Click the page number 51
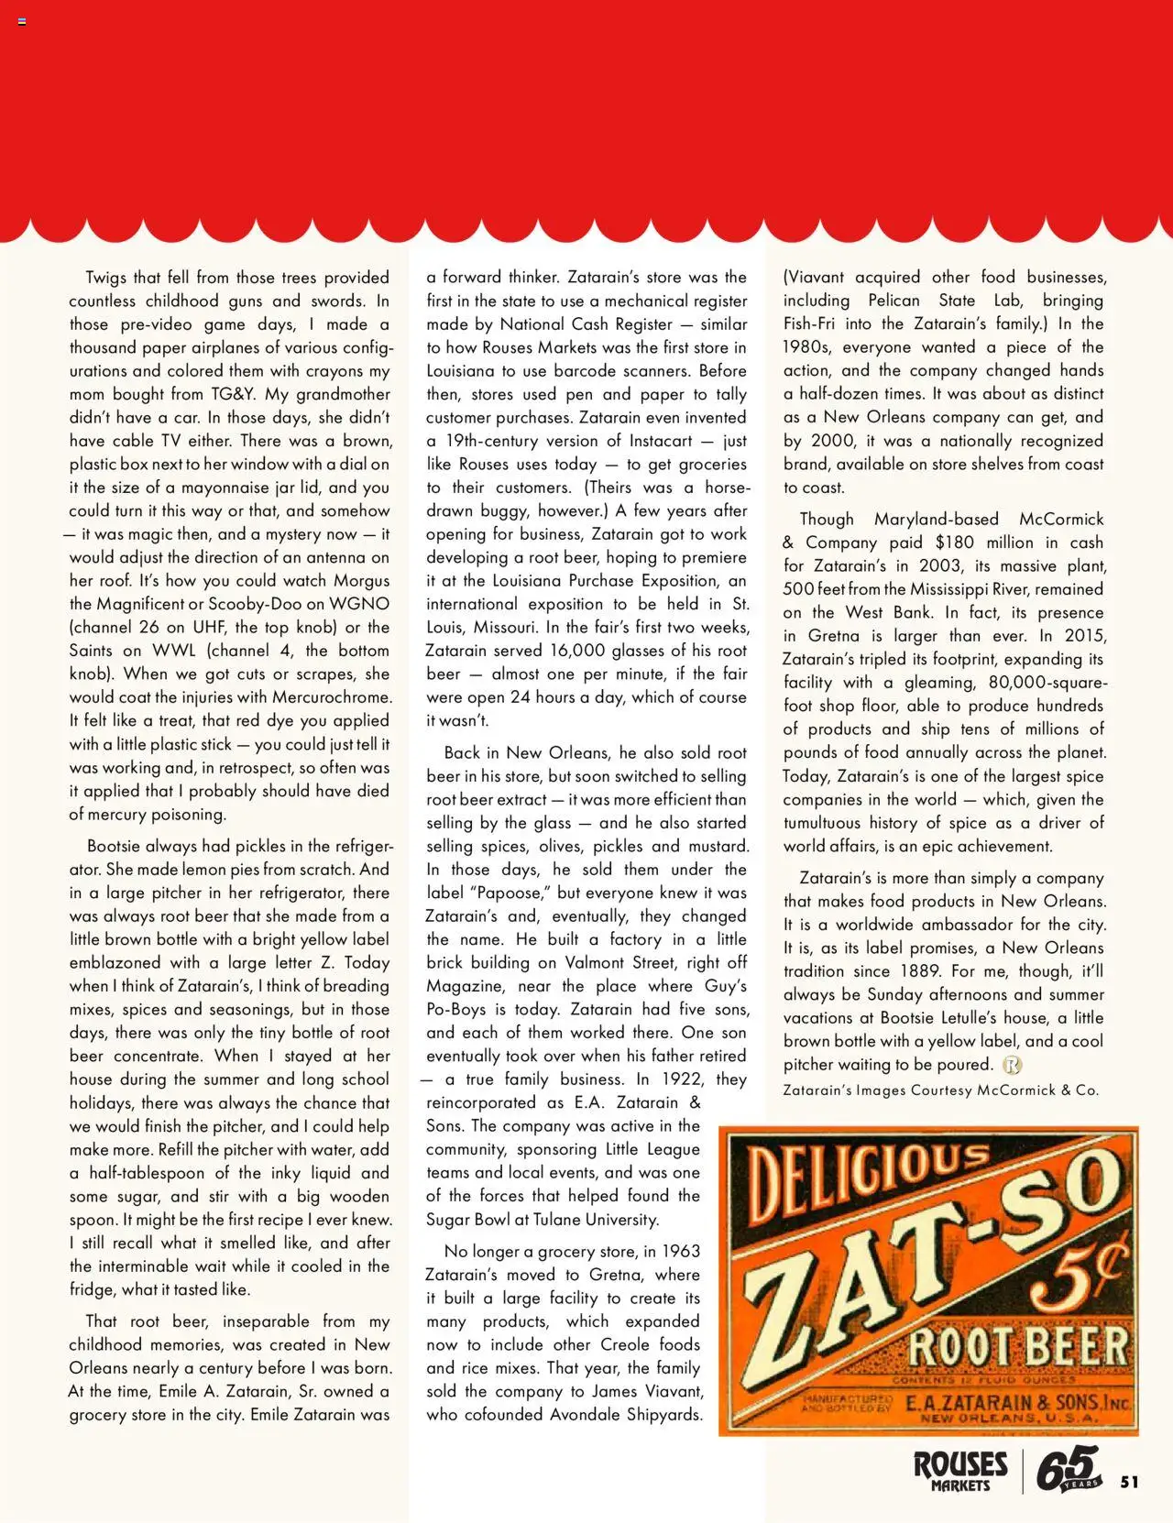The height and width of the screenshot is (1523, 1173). pyautogui.click(x=1129, y=1482)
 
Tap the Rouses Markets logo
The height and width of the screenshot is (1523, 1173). pyautogui.click(x=959, y=1470)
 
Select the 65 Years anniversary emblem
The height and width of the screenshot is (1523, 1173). pyautogui.click(x=1068, y=1470)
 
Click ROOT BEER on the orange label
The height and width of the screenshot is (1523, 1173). pyautogui.click(x=1017, y=1346)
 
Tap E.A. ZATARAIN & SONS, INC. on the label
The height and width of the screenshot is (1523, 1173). pyautogui.click(x=1015, y=1403)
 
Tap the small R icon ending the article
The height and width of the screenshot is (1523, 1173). pyautogui.click(x=1012, y=1065)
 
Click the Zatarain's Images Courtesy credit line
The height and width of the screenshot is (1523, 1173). pyautogui.click(x=940, y=1090)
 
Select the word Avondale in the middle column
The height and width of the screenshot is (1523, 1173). pyautogui.click(x=586, y=1414)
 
